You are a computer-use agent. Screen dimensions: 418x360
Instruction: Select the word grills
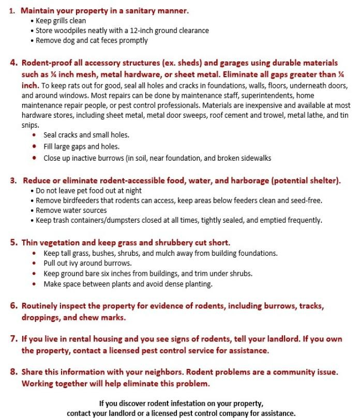[x=58, y=21]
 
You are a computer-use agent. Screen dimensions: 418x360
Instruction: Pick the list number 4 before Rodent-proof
[x=14, y=63]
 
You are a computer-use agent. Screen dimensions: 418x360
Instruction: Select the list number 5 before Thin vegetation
[x=14, y=242]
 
